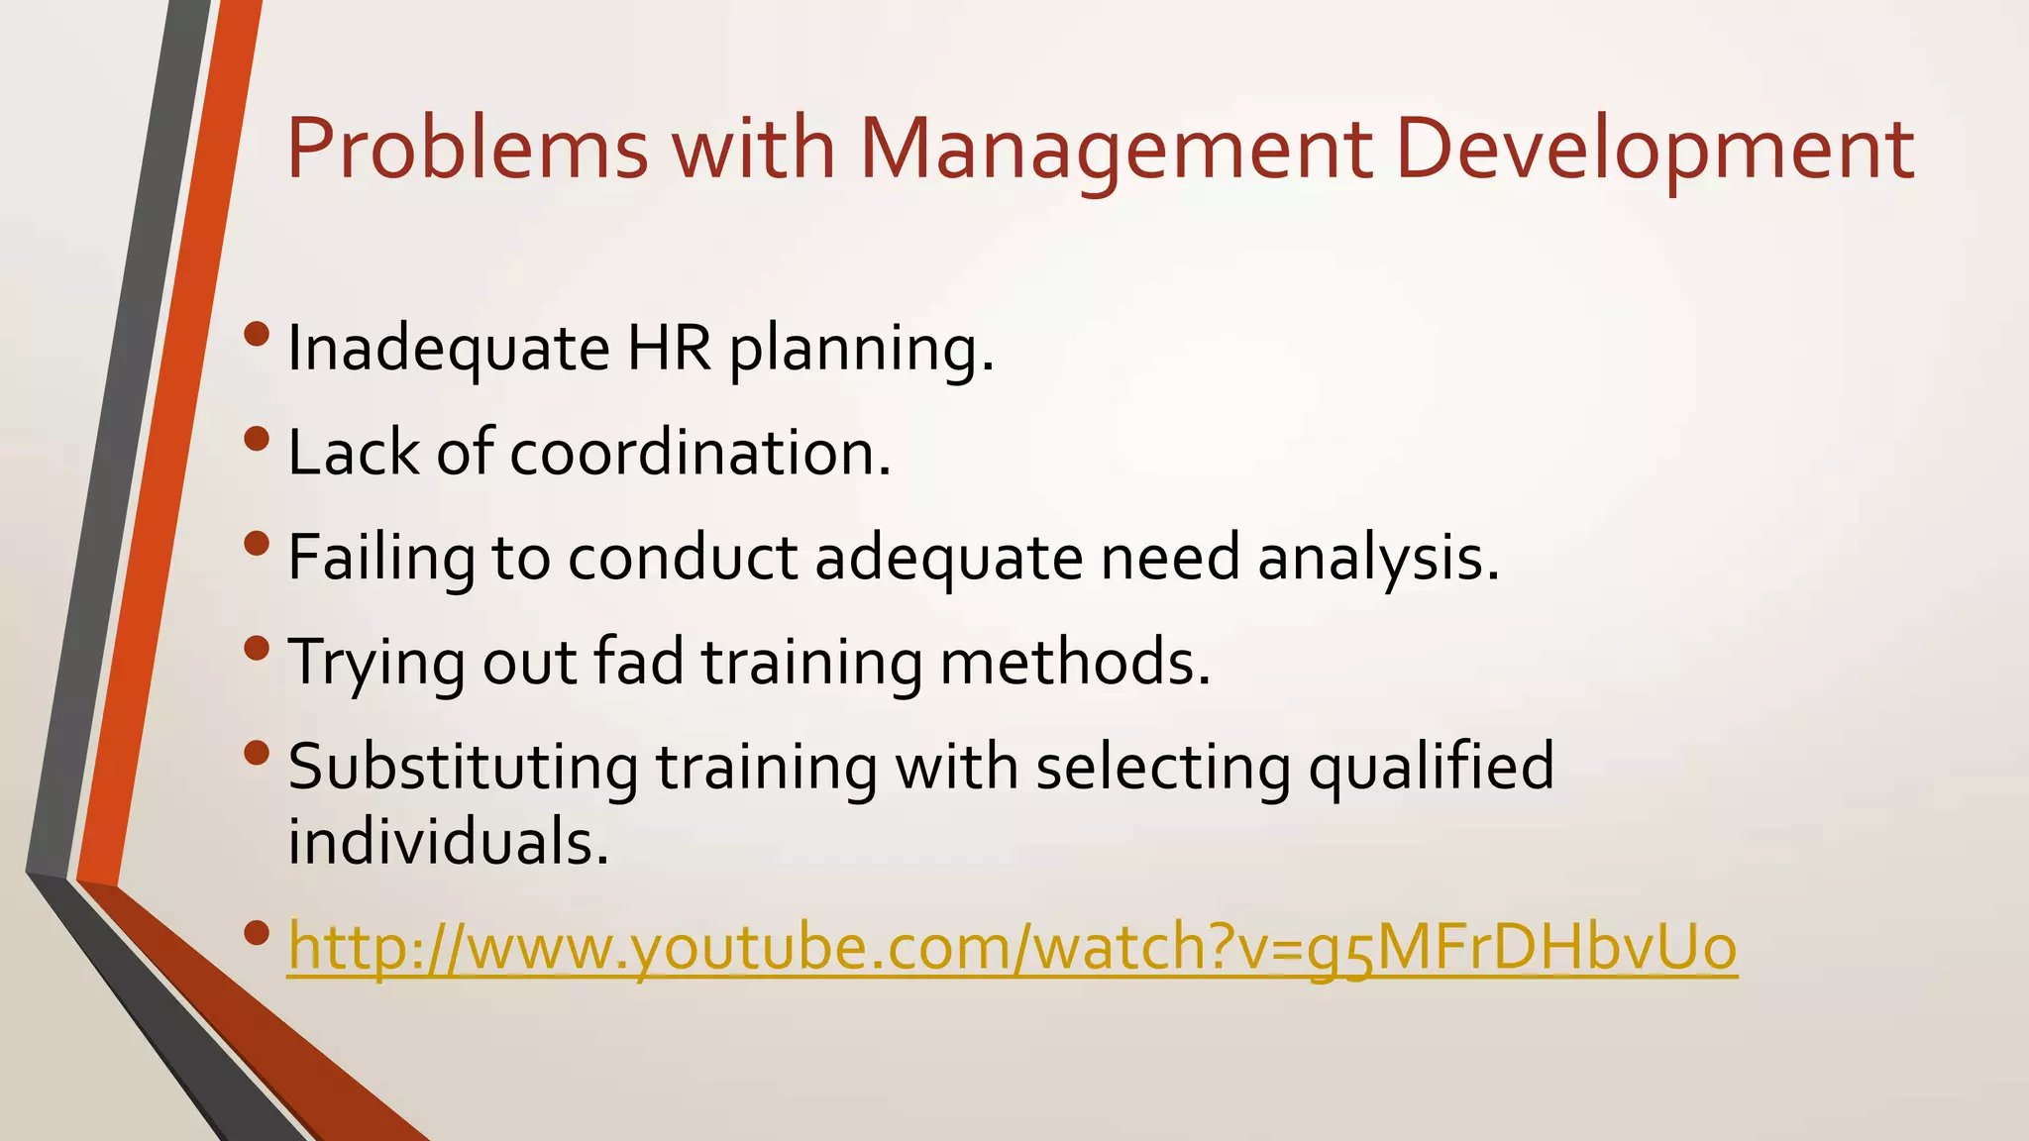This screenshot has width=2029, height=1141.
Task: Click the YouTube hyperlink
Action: coord(1012,947)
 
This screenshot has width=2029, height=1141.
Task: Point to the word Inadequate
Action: coord(448,349)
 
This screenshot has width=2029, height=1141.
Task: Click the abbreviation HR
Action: coord(669,349)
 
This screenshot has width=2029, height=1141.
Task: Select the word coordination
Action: coord(700,453)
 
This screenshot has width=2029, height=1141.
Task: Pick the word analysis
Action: coord(1379,558)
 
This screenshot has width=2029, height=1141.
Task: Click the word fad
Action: coord(639,662)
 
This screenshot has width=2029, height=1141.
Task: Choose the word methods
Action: coord(1075,662)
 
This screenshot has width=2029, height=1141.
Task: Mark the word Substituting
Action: coord(463,767)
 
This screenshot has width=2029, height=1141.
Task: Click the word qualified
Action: coord(1431,767)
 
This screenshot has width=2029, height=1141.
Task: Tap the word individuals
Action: coord(448,842)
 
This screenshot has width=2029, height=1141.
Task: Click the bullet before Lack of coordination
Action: coord(256,439)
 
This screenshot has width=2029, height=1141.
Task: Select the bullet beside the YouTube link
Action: coord(256,933)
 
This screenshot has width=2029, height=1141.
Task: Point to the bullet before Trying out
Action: coord(256,649)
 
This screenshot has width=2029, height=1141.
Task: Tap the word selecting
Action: coord(1163,767)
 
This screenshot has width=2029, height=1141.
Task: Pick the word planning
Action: coord(861,349)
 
